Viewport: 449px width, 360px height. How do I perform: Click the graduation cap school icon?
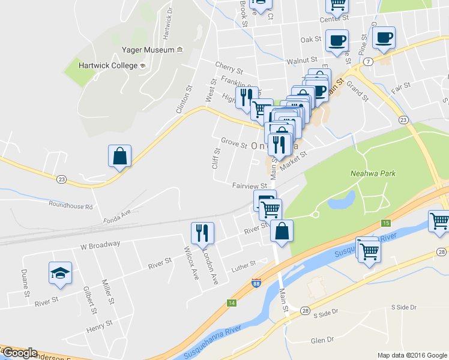[x=60, y=274]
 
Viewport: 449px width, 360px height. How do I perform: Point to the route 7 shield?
[x=368, y=62]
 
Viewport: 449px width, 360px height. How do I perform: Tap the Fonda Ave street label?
[x=117, y=213]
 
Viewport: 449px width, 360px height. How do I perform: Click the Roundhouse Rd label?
[x=71, y=206]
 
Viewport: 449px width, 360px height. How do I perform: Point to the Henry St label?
[x=99, y=325]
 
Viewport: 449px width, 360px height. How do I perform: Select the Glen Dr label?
[x=322, y=340]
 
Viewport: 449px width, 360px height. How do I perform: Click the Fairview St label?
[x=249, y=185]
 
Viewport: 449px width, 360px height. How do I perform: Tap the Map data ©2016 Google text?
[x=411, y=355]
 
